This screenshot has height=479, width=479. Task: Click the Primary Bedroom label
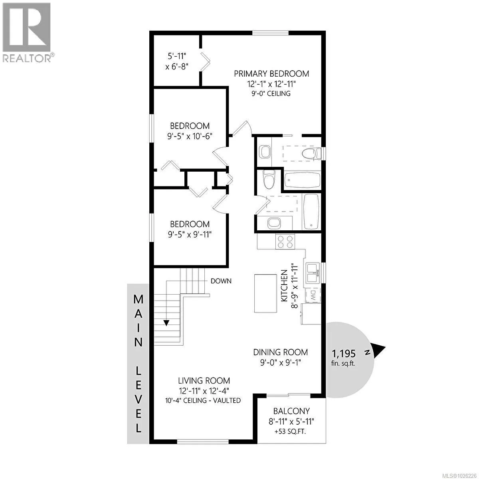coord(271,74)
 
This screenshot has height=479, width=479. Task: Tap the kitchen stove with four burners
coord(285,241)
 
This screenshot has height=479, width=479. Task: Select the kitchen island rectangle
coord(265,293)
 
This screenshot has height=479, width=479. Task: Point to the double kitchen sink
coord(313,273)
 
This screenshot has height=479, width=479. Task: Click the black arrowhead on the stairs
coord(166,323)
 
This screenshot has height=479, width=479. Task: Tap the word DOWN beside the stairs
coord(221,281)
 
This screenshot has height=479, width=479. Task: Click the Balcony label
coord(291,411)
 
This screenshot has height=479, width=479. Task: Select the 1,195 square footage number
coord(344,353)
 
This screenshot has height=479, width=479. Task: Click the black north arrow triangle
coord(378,350)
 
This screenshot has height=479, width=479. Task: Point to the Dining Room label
coord(280,352)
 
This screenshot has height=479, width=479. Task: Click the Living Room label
coord(204,381)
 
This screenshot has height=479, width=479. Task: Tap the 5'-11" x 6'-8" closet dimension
coord(177,61)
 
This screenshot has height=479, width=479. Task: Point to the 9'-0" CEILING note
coord(271,93)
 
